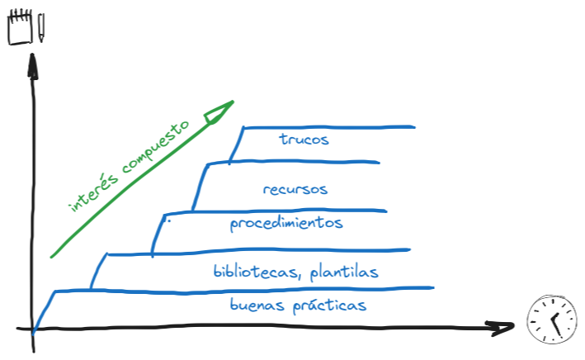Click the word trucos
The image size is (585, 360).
coord(304,140)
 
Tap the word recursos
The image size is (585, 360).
coord(295,189)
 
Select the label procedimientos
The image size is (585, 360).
coord(286,224)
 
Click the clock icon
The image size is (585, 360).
coord(550,320)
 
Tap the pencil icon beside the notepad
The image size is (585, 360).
coord(40,28)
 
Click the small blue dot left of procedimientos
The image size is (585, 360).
coord(168,221)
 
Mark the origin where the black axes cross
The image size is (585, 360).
coord(34,330)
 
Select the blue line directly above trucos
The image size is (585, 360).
coord(328,127)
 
